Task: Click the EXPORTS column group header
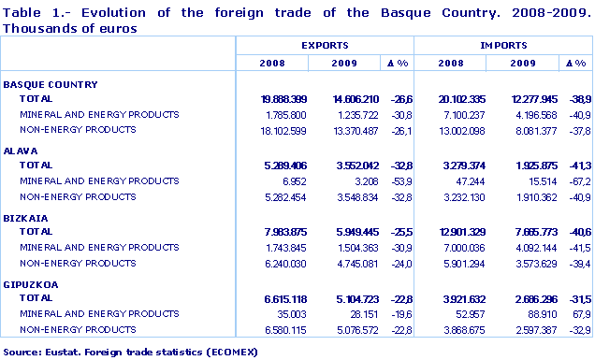pyautogui.click(x=326, y=45)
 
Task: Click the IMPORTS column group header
pyautogui.click(x=502, y=45)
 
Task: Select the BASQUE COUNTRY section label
pyautogui.click(x=51, y=85)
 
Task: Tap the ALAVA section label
pyautogui.click(x=21, y=150)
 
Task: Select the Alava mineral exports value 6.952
pyautogui.click(x=284, y=180)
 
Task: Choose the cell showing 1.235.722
pyautogui.click(x=349, y=114)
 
